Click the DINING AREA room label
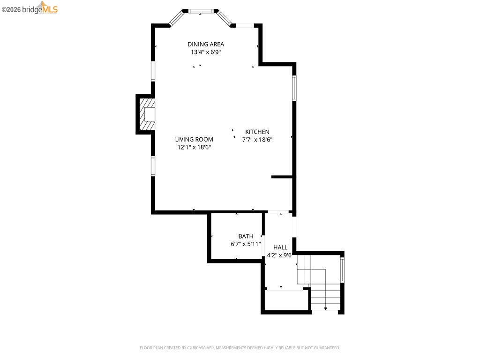(206, 45)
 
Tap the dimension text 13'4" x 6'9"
(206, 52)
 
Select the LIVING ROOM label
(194, 139)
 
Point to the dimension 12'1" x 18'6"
(194, 147)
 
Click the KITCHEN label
(257, 132)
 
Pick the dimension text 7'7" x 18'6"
(257, 139)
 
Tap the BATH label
(246, 236)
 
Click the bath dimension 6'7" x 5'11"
(246, 244)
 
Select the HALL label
(280, 247)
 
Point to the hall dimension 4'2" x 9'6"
(279, 255)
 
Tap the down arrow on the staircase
(326, 308)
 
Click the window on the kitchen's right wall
(294, 88)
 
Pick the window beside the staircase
(342, 270)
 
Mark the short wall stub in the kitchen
(282, 177)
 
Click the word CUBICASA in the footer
(204, 348)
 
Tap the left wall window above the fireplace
(153, 71)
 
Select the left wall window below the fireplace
(153, 166)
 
